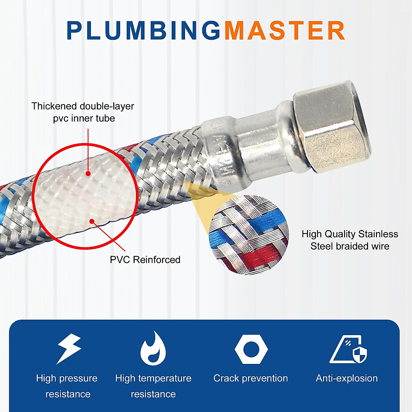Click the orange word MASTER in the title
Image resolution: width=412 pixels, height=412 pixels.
(x=285, y=31)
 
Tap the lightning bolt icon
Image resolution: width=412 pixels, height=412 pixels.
(x=69, y=348)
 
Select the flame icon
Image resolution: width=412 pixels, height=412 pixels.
(x=153, y=348)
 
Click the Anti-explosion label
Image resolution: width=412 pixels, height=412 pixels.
(x=346, y=378)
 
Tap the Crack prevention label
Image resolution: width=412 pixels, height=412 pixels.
(x=251, y=378)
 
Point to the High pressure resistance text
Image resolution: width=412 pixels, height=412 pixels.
(x=67, y=386)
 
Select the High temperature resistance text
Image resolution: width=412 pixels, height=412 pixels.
(x=153, y=386)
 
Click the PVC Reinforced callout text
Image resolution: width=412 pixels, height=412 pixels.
(x=145, y=260)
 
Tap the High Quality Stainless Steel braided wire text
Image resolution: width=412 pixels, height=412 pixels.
(x=350, y=240)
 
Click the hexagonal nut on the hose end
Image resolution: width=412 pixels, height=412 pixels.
(x=331, y=130)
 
